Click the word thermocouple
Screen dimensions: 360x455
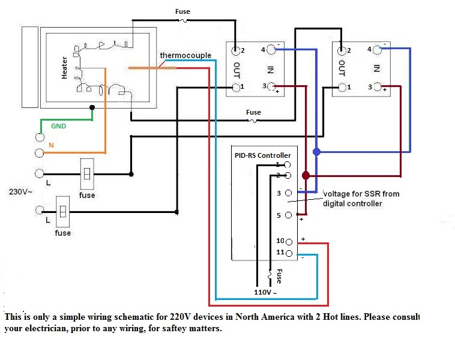click(185, 56)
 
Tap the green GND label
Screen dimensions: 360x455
click(59, 127)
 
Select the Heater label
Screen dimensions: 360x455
click(65, 68)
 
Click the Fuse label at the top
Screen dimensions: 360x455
click(183, 11)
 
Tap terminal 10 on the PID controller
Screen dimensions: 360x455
click(289, 242)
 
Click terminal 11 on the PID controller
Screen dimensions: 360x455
click(289, 253)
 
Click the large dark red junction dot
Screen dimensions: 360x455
click(306, 176)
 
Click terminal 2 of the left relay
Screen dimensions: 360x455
click(236, 50)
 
